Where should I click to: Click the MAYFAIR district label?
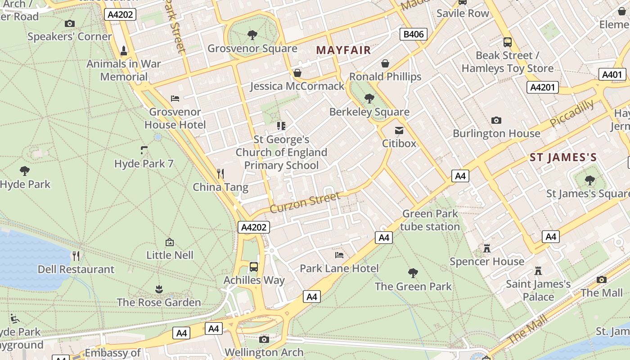point(343,50)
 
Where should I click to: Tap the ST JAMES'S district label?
point(563,157)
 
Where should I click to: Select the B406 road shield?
point(413,34)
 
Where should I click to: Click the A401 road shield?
point(612,75)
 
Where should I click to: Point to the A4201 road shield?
point(542,87)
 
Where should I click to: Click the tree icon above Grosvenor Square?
point(252,35)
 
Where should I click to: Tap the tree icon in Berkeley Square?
point(369,98)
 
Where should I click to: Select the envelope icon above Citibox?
point(399,130)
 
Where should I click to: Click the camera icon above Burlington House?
point(496,120)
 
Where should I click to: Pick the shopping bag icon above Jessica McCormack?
point(297,72)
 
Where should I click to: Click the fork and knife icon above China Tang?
point(220,173)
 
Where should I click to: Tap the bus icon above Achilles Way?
point(254,266)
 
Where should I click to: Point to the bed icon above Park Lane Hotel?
point(339,255)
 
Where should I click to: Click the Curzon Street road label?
point(305,202)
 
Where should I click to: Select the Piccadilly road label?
point(571,113)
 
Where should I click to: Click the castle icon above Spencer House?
point(486,248)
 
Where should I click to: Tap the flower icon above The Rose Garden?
point(158,288)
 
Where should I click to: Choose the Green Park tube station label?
point(430,220)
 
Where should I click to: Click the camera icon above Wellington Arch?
point(264,339)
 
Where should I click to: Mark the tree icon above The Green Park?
point(413,273)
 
